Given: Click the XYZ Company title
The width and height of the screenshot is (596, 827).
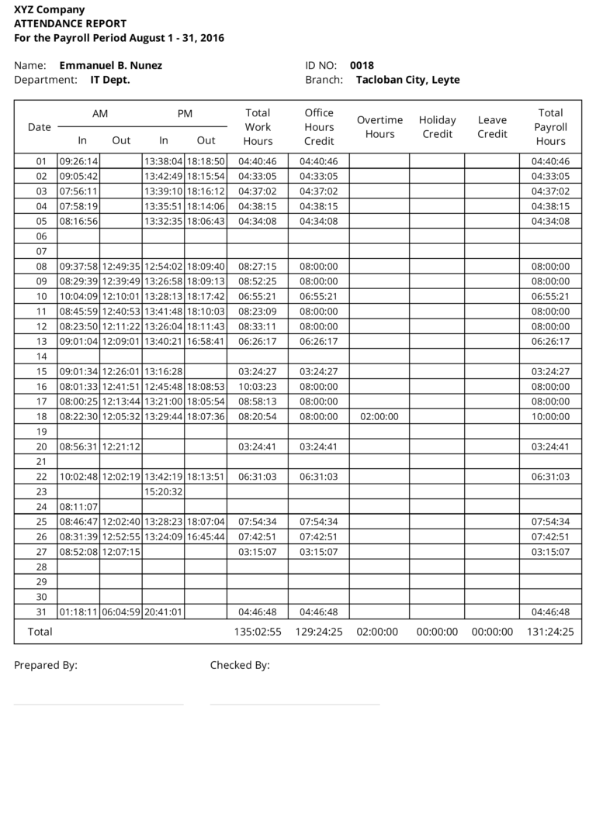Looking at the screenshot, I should tap(50, 10).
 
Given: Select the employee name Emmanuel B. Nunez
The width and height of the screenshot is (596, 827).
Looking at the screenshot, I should tap(110, 66).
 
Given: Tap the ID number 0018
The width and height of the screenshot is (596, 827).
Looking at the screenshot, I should tap(362, 66).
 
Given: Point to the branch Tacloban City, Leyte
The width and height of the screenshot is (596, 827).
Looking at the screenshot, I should tap(407, 80).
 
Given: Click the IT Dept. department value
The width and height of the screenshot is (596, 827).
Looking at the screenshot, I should tap(110, 80).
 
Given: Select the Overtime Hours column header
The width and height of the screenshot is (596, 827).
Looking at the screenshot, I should tap(379, 127).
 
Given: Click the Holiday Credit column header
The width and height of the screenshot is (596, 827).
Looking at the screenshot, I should tap(437, 127).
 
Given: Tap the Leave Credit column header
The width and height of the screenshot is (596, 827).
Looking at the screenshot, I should tap(492, 127).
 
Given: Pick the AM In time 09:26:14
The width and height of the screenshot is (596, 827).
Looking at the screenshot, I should tap(78, 162).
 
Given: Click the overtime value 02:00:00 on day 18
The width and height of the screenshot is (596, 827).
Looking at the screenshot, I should tap(379, 417).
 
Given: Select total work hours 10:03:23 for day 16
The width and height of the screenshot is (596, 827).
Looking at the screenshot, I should tap(258, 387).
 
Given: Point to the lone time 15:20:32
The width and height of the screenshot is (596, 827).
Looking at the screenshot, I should tap(163, 492).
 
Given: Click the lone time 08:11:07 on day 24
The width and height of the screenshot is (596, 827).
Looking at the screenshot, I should tap(78, 507).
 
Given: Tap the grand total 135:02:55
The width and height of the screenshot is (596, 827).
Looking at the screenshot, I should tap(258, 632).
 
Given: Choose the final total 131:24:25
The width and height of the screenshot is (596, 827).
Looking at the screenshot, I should tap(550, 632).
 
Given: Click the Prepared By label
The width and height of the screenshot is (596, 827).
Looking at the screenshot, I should tap(46, 665).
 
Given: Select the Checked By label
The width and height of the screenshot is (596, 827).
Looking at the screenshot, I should tap(240, 665).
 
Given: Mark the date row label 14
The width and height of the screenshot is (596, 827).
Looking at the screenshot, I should tap(42, 357).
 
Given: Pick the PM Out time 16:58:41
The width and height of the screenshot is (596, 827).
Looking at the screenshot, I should tap(206, 342).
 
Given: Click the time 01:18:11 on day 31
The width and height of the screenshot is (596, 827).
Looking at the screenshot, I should tap(78, 612).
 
